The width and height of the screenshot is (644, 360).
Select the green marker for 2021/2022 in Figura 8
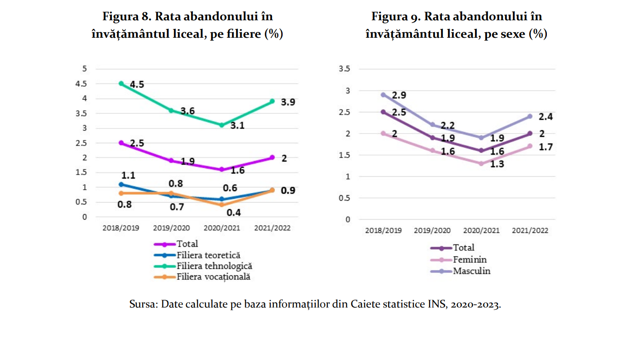pyautogui.click(x=272, y=101)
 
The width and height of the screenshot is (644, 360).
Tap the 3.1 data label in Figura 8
pyautogui.click(x=237, y=125)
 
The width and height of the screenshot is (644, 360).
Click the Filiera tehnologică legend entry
pyautogui.click(x=214, y=266)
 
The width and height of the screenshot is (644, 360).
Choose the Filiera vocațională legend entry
pyautogui.click(x=213, y=277)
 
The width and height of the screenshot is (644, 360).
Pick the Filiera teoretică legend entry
pyautogui.click(x=208, y=255)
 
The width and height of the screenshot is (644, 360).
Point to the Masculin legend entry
pyautogui.click(x=471, y=271)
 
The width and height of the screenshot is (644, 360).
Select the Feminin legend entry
pyautogui.click(x=470, y=260)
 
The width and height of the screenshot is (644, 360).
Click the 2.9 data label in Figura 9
pyautogui.click(x=399, y=96)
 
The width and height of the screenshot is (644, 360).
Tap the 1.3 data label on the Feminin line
pyautogui.click(x=497, y=164)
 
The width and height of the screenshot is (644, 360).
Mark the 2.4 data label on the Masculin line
pyautogui.click(x=546, y=117)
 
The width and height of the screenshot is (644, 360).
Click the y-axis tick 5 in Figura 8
pyautogui.click(x=84, y=69)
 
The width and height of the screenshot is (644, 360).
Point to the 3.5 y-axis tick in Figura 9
pyautogui.click(x=344, y=69)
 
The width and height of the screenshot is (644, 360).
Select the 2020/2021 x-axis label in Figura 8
pyautogui.click(x=221, y=228)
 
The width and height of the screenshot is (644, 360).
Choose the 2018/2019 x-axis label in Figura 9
pyautogui.click(x=383, y=231)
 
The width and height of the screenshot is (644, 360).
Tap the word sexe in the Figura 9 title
pyautogui.click(x=511, y=34)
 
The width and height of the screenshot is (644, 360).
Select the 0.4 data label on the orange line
pyautogui.click(x=233, y=212)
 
